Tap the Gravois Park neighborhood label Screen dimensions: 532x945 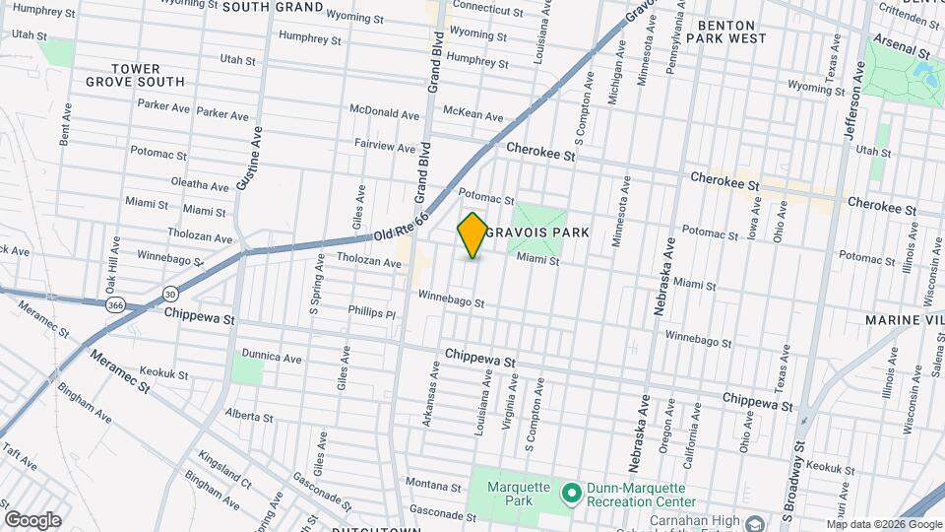(551, 233)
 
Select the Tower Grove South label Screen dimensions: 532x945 (148, 75)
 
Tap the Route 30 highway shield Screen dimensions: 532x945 (171, 294)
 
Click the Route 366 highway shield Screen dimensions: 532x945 (115, 304)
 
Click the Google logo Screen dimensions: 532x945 (32, 520)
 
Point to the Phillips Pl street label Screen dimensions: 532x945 (371, 313)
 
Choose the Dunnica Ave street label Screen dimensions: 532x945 (272, 358)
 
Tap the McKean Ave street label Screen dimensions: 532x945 (472, 114)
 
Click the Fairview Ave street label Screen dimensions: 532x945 (385, 146)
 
